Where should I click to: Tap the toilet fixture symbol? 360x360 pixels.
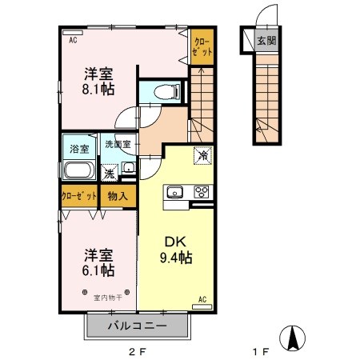[165, 91]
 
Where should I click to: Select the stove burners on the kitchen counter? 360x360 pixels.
[201, 192]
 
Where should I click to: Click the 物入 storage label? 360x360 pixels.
[118, 195]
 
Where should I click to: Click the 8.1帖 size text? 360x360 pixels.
[98, 90]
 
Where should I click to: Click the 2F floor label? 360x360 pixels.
[140, 350]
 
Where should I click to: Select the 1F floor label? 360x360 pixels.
[258, 350]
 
